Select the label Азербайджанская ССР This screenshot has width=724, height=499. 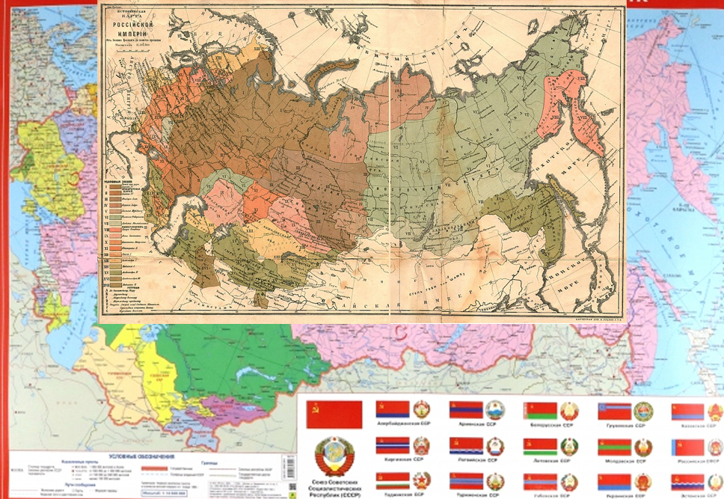tap(405, 423)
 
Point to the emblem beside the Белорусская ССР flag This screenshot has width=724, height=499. tap(570, 411)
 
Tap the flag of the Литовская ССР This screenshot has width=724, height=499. tap(540, 447)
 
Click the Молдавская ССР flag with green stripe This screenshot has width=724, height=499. tap(614, 447)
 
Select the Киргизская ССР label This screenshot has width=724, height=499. tap(405, 460)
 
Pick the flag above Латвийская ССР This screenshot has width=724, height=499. tap(465, 447)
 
